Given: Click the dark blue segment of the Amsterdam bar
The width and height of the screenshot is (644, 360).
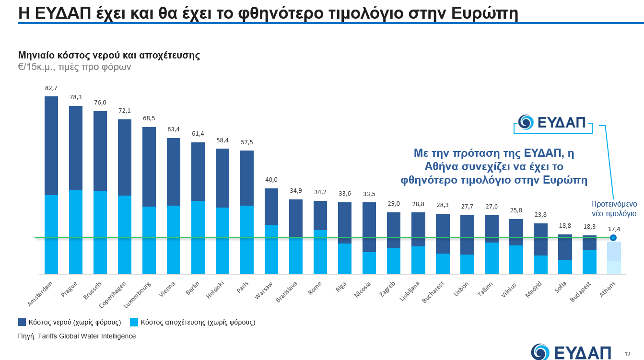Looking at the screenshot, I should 51,145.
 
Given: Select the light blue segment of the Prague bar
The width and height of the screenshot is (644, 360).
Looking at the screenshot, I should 76,232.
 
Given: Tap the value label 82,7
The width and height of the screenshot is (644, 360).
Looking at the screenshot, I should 51,88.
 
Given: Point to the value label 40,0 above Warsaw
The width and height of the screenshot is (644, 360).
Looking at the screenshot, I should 271,180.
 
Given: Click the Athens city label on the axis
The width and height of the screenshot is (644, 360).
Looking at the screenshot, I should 609,289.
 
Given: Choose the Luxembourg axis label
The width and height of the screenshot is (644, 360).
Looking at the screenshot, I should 138,294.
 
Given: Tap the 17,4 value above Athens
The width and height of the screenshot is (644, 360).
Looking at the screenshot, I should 614,229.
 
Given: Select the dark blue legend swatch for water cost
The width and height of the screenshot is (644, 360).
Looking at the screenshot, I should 22,322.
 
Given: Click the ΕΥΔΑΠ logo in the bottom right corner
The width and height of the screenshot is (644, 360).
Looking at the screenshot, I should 571,352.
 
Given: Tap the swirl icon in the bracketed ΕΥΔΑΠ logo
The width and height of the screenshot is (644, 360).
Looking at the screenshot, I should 526,122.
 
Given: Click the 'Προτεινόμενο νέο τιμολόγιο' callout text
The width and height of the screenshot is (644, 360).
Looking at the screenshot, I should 613,209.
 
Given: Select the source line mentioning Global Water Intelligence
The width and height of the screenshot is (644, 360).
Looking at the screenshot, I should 77,336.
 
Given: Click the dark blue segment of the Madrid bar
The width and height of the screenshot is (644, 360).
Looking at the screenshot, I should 540,239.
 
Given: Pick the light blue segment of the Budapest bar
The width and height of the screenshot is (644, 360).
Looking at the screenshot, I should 589,262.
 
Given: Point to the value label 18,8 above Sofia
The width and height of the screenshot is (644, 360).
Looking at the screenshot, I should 565,225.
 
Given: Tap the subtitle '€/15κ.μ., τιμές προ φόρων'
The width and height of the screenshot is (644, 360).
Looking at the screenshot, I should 74,67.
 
